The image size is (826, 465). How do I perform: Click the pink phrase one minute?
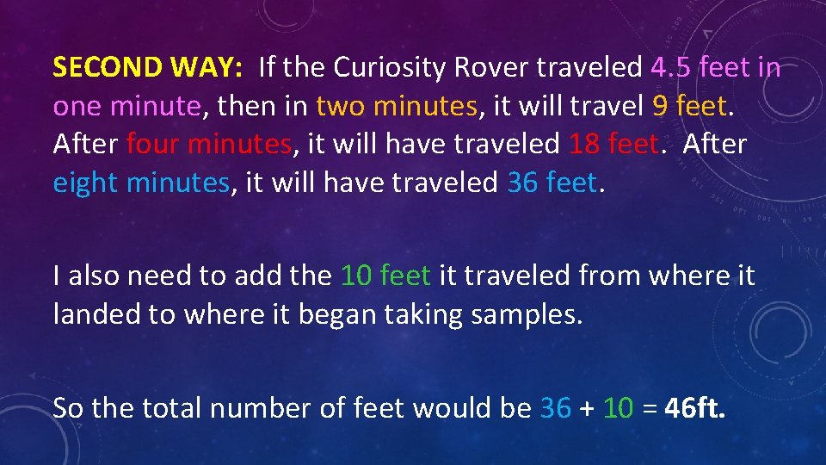(x=126, y=106)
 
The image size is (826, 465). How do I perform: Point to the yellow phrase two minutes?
(x=397, y=106)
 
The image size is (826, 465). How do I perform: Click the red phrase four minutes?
(x=209, y=145)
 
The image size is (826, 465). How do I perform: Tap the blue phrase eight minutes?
(x=141, y=183)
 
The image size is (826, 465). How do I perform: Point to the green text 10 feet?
(x=385, y=276)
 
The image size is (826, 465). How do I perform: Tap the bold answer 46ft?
(x=695, y=406)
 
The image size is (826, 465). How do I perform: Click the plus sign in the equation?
(x=588, y=408)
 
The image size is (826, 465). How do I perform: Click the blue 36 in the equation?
(x=555, y=406)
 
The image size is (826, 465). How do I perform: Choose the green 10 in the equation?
(x=619, y=406)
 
